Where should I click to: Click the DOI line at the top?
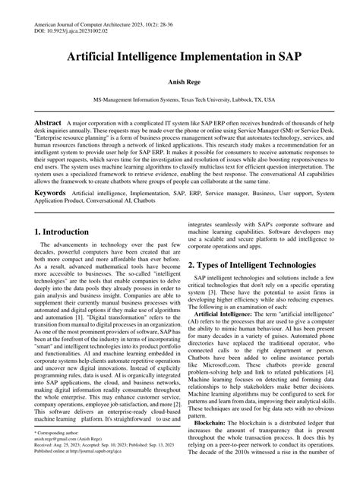[76, 33]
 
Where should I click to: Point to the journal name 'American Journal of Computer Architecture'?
[91, 26]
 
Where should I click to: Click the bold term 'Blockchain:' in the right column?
[214, 423]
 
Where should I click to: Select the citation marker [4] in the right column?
[319, 372]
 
